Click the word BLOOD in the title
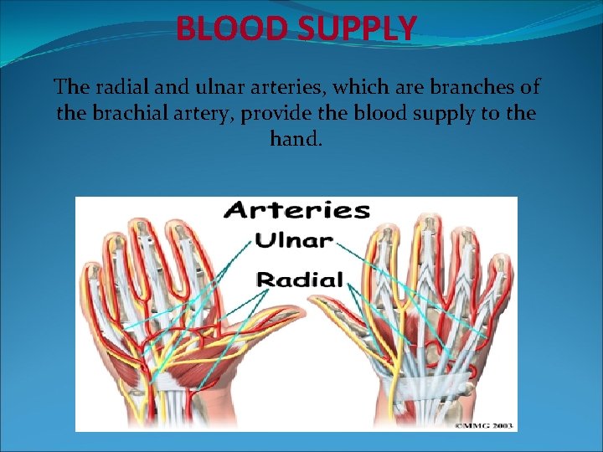(220, 28)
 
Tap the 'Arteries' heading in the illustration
(296, 210)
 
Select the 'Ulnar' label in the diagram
(293, 241)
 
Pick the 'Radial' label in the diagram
(300, 279)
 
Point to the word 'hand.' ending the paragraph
(296, 138)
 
